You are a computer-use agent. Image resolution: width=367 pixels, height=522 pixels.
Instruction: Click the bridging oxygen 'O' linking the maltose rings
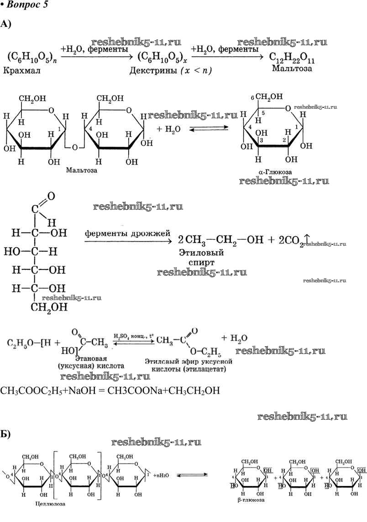pos(75,147)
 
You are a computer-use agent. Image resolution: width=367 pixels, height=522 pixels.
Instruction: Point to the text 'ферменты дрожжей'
pos(127,232)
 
